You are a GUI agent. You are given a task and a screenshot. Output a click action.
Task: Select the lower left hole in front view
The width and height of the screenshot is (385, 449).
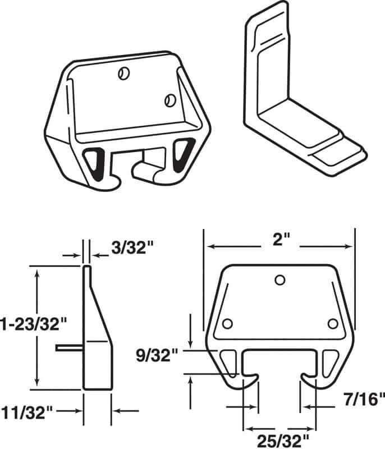(x=227, y=324)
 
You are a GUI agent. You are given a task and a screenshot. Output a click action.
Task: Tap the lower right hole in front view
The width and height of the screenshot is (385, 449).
(x=333, y=324)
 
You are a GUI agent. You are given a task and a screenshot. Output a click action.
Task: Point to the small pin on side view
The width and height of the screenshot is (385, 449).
(x=69, y=348)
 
